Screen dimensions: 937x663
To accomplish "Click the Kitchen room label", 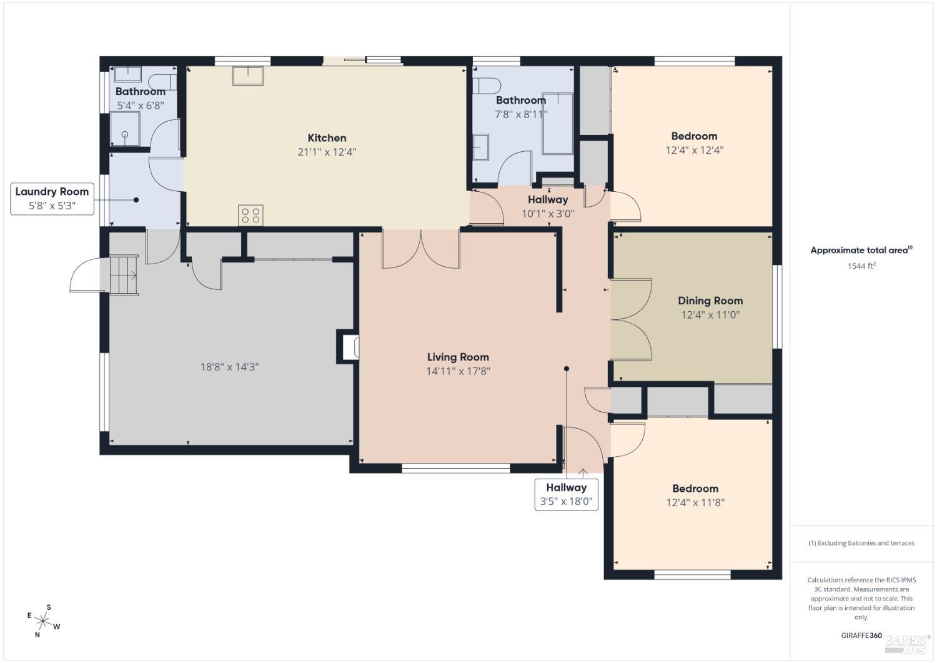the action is pos(327,137).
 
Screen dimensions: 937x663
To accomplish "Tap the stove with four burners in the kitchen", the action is pos(250,215).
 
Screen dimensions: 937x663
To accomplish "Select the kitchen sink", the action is pos(248,76).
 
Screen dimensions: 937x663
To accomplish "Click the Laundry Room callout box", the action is pos(52,199).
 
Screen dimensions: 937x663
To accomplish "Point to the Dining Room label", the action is pos(710,301).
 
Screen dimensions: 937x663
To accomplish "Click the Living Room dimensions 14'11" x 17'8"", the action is pos(458,371).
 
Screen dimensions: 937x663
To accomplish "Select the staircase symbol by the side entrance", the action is pos(124,275).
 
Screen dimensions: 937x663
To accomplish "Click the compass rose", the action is pos(43,621).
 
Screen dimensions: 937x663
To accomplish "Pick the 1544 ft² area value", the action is pos(861,266).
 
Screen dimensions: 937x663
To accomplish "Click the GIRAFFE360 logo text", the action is pos(861,636).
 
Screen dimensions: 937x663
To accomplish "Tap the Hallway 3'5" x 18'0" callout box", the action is pos(567,495).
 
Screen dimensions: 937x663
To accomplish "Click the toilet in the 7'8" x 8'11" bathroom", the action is pos(487,86).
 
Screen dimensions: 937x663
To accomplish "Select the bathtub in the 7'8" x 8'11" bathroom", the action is pos(558,124).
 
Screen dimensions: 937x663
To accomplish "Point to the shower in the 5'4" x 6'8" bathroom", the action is pos(125,129).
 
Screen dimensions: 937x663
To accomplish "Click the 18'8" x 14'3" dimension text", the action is pos(230,367).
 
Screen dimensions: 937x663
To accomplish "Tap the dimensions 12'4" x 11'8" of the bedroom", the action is pos(695,502).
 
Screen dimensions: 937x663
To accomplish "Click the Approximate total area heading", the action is pos(861,250).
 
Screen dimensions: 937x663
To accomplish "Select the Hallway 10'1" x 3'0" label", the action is pos(548,206).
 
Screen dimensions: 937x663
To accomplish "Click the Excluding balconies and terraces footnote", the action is pos(861,543).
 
